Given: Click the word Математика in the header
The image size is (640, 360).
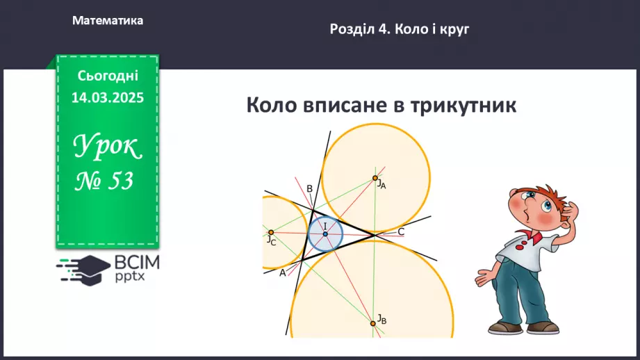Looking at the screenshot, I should pyautogui.click(x=108, y=21).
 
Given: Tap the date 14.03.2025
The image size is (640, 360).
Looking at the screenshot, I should pyautogui.click(x=108, y=98).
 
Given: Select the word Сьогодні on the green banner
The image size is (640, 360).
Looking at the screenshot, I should pyautogui.click(x=108, y=76).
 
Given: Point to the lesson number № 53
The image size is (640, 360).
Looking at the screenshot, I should pyautogui.click(x=105, y=181).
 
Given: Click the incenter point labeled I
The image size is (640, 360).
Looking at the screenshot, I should pyautogui.click(x=325, y=234).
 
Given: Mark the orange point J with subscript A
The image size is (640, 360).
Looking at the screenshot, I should pyautogui.click(x=375, y=178).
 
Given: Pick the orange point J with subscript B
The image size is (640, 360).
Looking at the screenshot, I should pyautogui.click(x=373, y=322).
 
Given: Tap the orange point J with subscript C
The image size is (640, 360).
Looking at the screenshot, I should pyautogui.click(x=271, y=232).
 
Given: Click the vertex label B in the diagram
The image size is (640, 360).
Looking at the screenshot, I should pyautogui.click(x=309, y=188).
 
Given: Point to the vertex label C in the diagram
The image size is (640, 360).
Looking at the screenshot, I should pyautogui.click(x=401, y=231).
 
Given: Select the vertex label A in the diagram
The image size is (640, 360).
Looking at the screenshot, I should pyautogui.click(x=283, y=273).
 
